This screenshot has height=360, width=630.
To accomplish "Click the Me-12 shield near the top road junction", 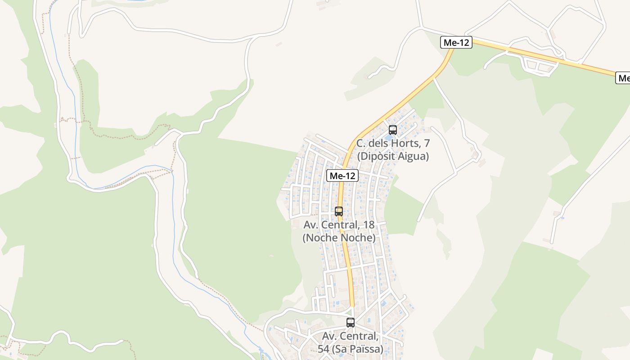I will click(456, 43).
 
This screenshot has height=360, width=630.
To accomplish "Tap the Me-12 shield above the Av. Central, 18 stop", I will click(342, 176).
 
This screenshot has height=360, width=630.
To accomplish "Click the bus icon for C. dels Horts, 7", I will click(393, 130).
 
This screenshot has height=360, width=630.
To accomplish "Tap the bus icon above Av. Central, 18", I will click(339, 211).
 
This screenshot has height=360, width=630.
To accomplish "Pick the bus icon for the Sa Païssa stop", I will click(351, 322).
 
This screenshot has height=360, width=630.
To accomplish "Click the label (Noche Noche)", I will click(339, 237).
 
